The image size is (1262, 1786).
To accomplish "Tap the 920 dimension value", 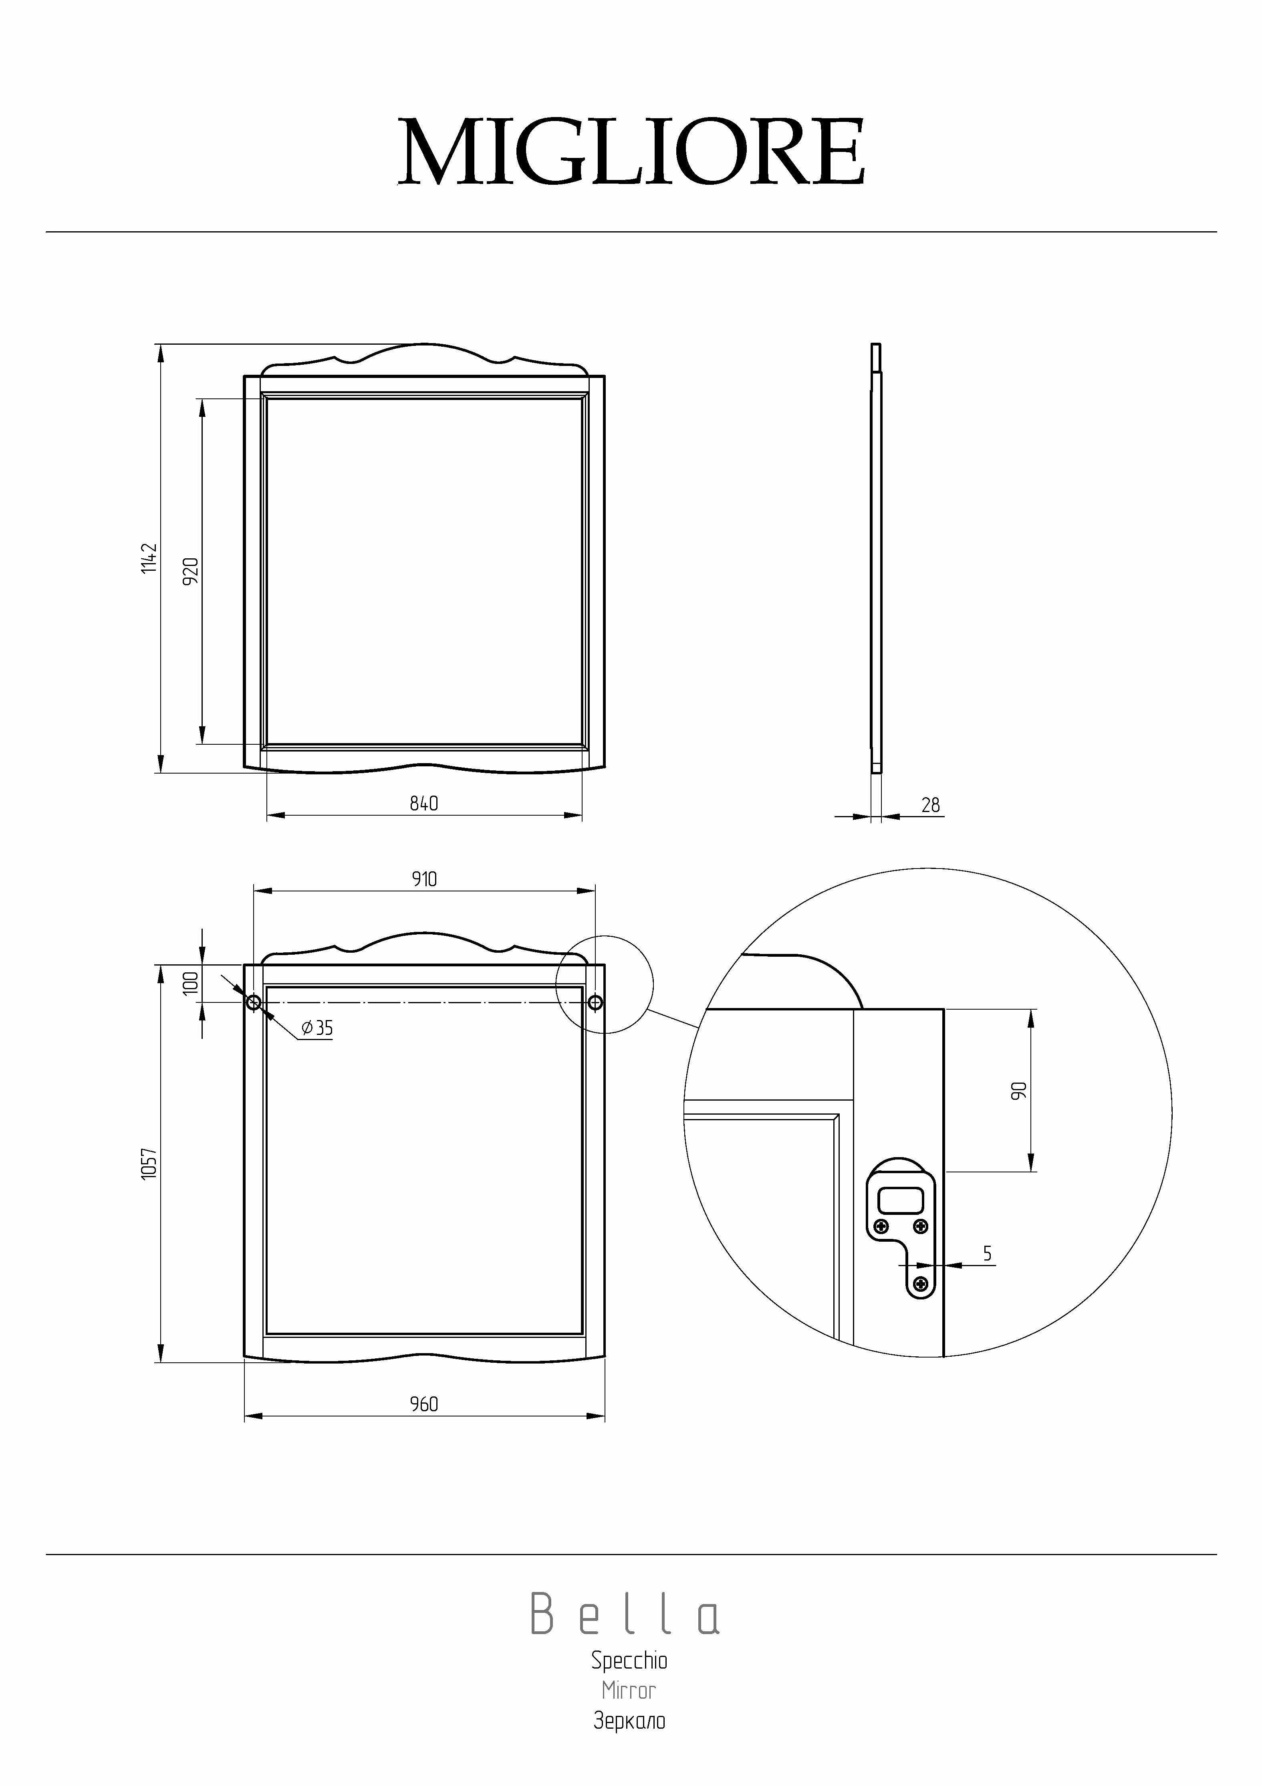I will pyautogui.click(x=191, y=571).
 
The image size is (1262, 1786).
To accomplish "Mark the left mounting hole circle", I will pyautogui.click(x=254, y=1003).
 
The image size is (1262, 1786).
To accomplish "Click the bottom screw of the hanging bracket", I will pyautogui.click(x=921, y=1283).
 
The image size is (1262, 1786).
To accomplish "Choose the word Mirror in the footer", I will pyautogui.click(x=629, y=1690).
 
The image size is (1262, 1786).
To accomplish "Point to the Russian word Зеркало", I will pyautogui.click(x=629, y=1721).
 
